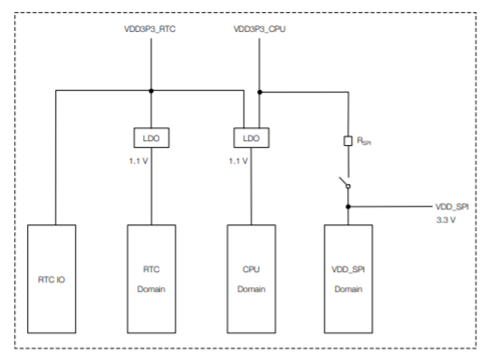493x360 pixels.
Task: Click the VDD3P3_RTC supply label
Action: click(151, 31)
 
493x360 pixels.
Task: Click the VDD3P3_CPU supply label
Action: click(259, 31)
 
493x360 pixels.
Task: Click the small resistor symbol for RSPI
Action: click(347, 141)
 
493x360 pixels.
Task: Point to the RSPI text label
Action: click(362, 141)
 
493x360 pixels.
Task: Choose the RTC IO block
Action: click(56, 278)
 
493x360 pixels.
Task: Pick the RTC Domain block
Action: click(151, 278)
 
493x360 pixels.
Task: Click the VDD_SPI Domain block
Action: click(347, 278)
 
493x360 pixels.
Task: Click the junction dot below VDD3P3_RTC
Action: click(151, 92)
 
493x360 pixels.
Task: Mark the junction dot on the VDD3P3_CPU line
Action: click(259, 92)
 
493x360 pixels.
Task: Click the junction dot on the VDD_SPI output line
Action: click(347, 206)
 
